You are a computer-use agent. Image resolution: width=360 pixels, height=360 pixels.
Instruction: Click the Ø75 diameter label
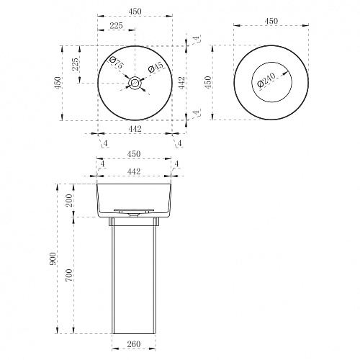point(116,62)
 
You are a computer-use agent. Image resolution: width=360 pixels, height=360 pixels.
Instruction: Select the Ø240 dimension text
point(266,80)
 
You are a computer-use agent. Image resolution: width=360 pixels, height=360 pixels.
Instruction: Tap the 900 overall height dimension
point(53,258)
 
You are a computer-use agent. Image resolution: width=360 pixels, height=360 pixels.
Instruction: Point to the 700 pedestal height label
point(69,275)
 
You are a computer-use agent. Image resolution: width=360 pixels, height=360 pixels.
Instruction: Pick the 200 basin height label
point(69,200)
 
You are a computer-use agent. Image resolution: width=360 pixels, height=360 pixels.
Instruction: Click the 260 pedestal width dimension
point(134,344)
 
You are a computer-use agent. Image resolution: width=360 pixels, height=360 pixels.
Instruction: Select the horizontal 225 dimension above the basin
point(116,25)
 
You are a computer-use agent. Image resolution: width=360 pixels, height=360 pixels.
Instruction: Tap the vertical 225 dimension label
point(75,64)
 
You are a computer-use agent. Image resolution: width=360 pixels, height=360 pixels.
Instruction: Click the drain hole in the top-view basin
point(135,83)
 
